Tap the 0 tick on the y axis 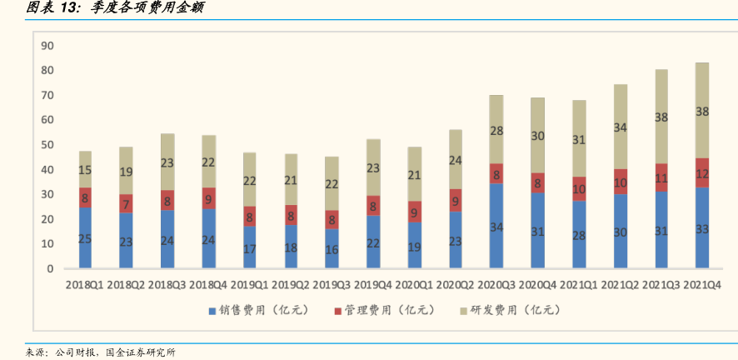(50, 269)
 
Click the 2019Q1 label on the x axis (249, 285)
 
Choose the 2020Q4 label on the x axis (537, 285)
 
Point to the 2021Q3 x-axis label (661, 285)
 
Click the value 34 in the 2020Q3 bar (496, 227)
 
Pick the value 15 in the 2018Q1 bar (85, 171)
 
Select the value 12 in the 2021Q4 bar (702, 173)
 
